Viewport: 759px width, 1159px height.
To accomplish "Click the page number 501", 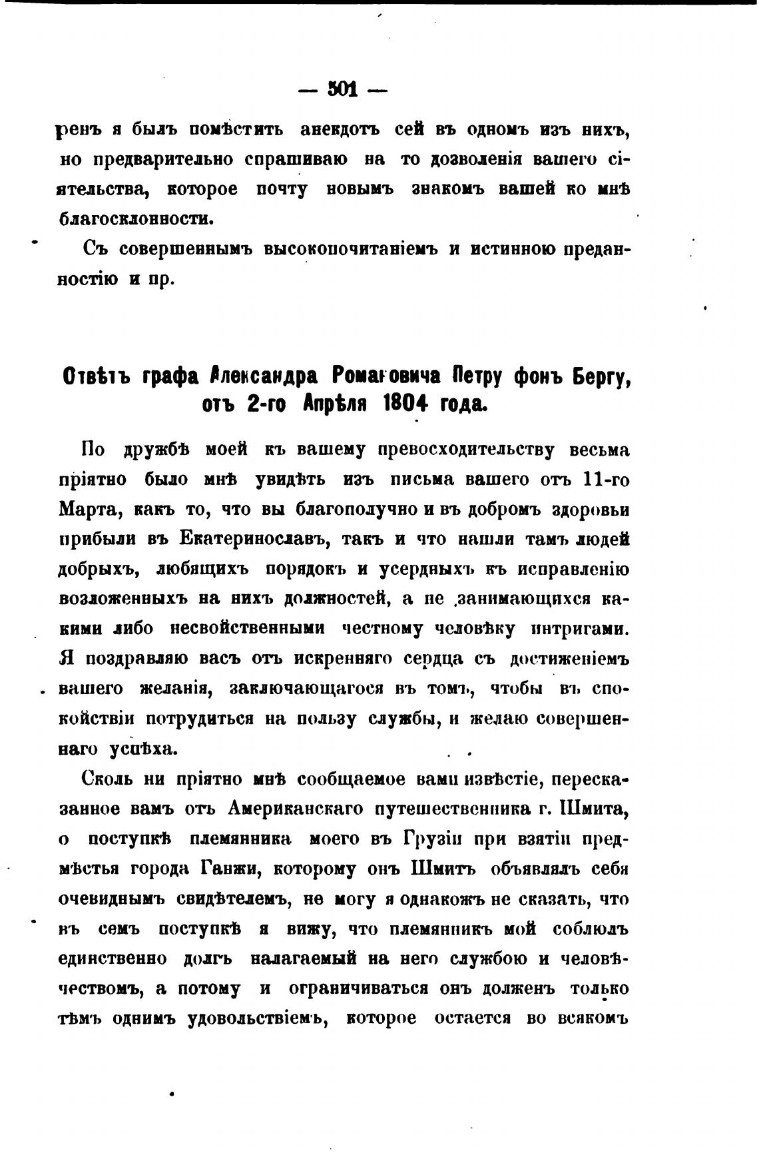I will [342, 89].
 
